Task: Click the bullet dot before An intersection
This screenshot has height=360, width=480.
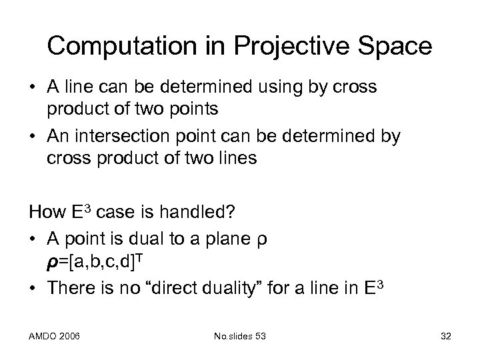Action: (x=33, y=137)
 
